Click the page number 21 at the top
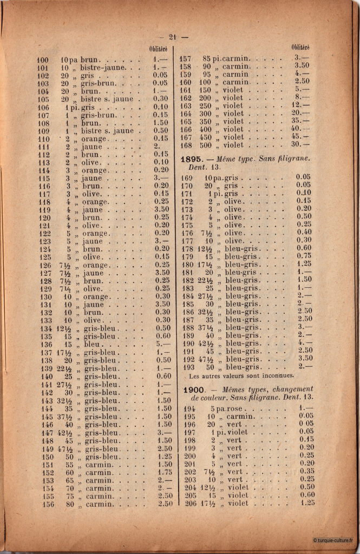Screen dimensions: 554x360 click(173, 37)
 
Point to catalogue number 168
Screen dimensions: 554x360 click(186, 144)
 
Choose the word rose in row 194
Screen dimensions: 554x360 click(231, 409)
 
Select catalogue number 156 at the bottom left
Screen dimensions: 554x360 click(43, 504)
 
